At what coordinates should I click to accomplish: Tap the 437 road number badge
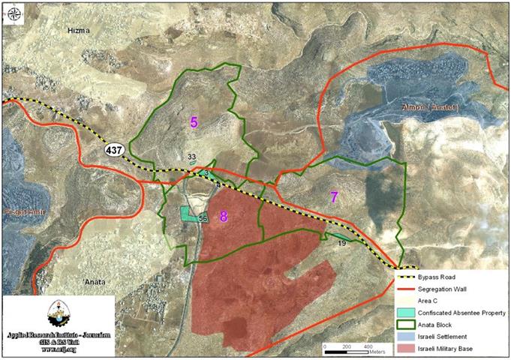coord(115,150)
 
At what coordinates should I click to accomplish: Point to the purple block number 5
coord(193,121)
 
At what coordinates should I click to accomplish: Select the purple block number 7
coord(334,197)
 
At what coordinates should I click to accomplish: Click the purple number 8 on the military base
coord(224,217)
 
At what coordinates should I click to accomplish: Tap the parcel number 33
coord(192,157)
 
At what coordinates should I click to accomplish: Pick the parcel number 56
coord(203,218)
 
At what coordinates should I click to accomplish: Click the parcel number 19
coord(341,243)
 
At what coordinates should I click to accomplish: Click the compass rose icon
coord(12,12)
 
